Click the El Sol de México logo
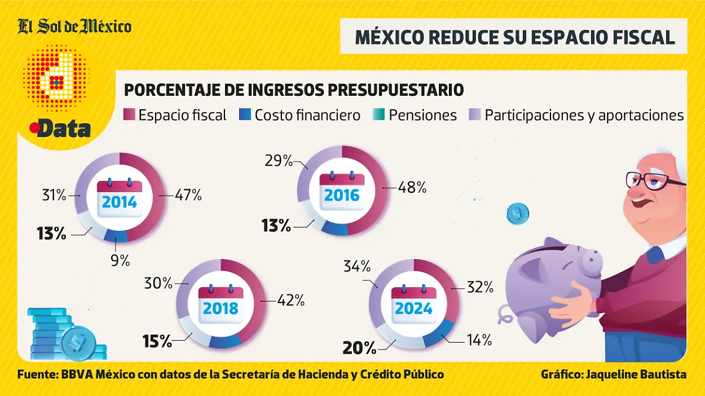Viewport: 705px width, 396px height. (75, 26)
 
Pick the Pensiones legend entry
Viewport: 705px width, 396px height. (415, 115)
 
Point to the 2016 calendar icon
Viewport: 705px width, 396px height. (342, 189)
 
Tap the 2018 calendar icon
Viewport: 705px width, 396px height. (221, 303)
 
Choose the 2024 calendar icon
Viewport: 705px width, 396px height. (414, 303)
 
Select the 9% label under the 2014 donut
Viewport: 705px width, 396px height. (120, 260)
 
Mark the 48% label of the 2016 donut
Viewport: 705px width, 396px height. (412, 188)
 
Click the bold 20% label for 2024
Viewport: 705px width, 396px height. (359, 348)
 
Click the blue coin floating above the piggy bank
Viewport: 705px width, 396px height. (518, 214)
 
